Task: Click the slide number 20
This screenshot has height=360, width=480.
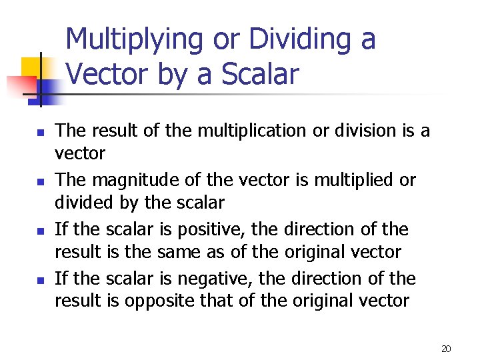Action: point(446,349)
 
